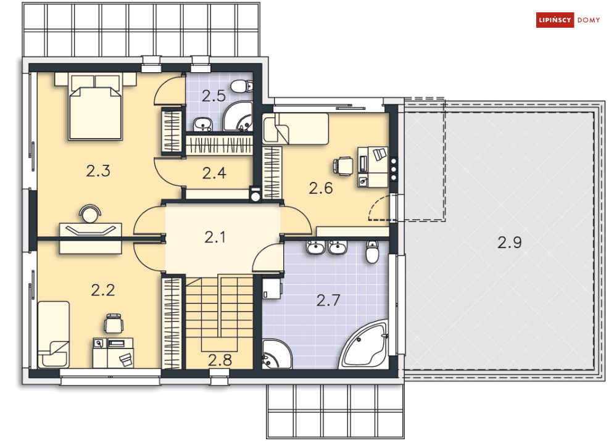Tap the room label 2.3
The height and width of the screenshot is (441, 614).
pyautogui.click(x=98, y=171)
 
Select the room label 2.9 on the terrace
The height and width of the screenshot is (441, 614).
pyautogui.click(x=509, y=242)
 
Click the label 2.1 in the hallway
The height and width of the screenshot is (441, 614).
pyautogui.click(x=214, y=236)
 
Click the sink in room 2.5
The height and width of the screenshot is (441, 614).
pyautogui.click(x=202, y=125)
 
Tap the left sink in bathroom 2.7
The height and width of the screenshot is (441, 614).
pyautogui.click(x=315, y=248)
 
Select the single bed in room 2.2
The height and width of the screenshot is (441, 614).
pyautogui.click(x=53, y=334)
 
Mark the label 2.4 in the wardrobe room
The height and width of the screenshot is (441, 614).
pyautogui.click(x=214, y=173)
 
